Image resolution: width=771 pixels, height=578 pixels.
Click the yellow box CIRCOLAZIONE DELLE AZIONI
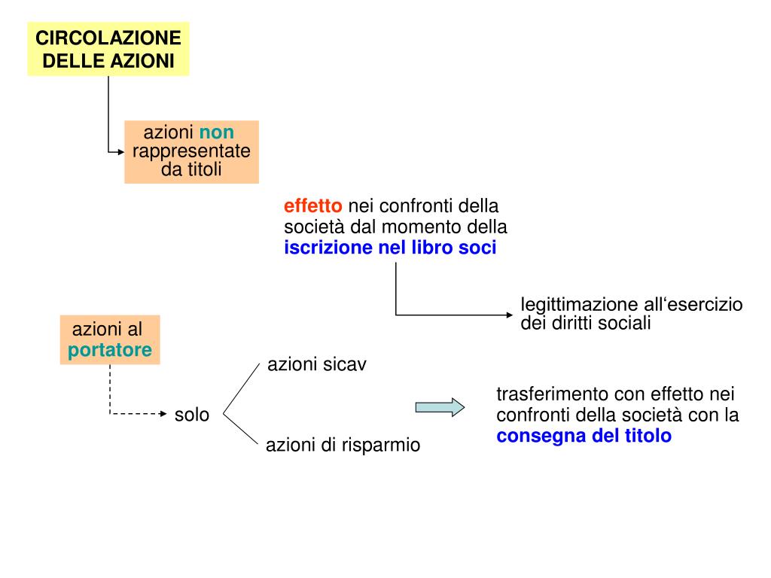108,49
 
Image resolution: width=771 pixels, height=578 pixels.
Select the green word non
217,132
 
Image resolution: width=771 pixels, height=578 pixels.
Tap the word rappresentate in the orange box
191,151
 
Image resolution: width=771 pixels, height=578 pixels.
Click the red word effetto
312,206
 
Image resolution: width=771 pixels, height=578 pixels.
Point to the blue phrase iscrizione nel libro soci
390,248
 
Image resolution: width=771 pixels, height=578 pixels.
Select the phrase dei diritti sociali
585,323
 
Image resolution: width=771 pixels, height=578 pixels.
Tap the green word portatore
110,350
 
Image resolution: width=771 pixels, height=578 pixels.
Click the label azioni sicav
317,365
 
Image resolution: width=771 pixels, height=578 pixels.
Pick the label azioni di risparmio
343,445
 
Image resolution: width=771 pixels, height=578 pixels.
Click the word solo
192,414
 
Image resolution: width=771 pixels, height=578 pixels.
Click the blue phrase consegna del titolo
584,436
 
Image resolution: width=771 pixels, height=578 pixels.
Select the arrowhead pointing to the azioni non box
120,151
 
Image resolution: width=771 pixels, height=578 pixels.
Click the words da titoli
191,169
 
